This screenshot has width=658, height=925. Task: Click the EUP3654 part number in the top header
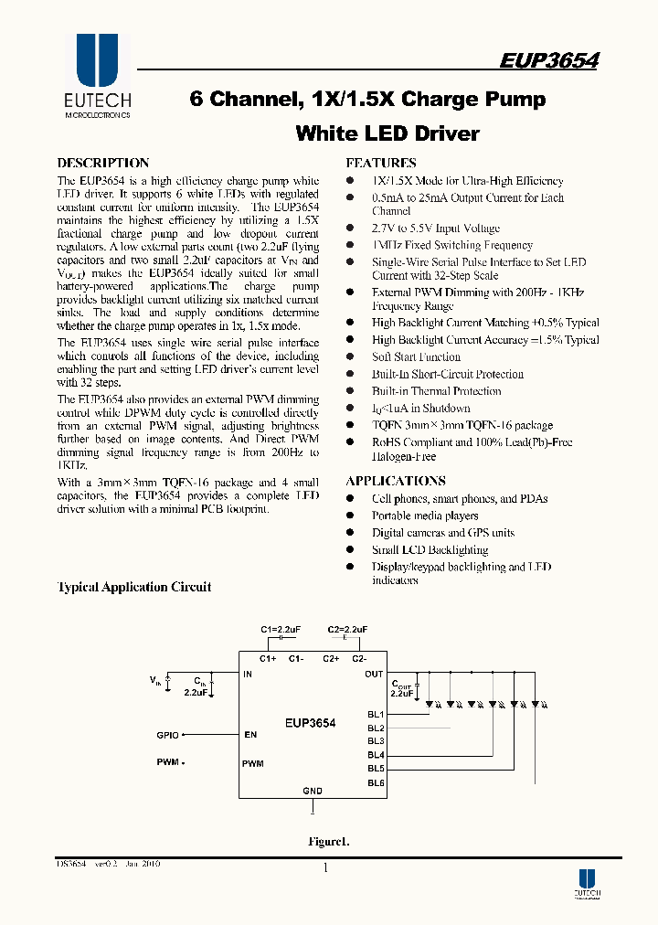[x=549, y=60]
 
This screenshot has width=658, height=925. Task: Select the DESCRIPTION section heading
[x=103, y=163]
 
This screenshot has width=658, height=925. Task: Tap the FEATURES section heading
[x=382, y=163]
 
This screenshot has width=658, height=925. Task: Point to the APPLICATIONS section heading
[x=396, y=481]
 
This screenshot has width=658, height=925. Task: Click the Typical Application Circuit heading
[x=134, y=587]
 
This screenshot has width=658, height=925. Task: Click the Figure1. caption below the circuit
[x=328, y=842]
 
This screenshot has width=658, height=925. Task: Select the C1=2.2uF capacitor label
[x=281, y=630]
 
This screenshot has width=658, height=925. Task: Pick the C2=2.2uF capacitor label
[x=347, y=630]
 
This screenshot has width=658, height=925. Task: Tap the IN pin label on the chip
[x=248, y=675]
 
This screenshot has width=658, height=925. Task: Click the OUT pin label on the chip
[x=374, y=675]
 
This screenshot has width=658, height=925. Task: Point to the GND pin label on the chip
[x=313, y=792]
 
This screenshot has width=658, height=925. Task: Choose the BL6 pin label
[x=376, y=782]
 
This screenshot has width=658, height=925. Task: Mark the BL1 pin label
[x=376, y=714]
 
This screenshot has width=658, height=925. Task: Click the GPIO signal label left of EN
[x=168, y=734]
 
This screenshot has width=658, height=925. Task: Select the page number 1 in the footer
[x=325, y=868]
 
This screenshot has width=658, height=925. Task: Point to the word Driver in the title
[x=448, y=133]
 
